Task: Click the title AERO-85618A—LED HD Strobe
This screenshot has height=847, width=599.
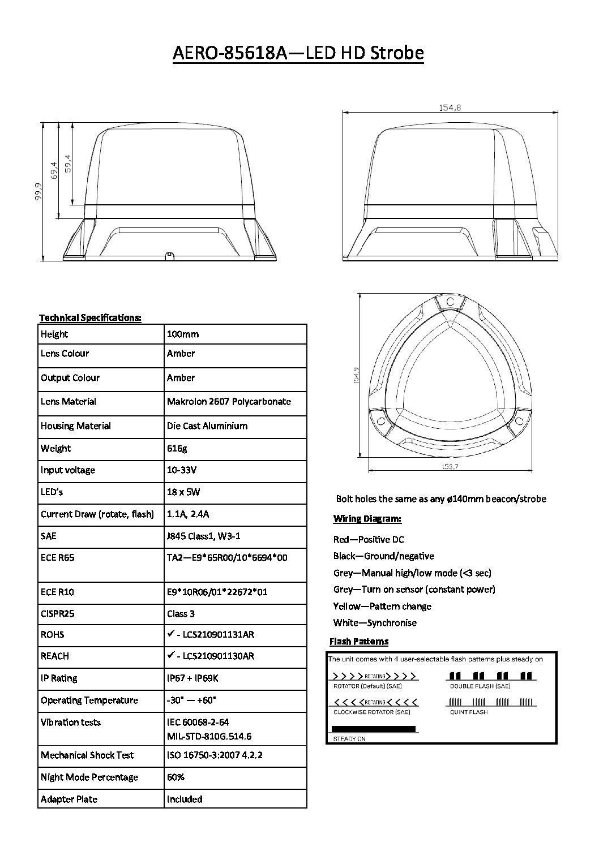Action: (298, 53)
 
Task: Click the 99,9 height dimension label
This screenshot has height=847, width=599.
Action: (38, 192)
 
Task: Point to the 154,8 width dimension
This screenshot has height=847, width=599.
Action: (450, 108)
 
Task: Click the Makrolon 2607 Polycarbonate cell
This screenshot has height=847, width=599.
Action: (229, 402)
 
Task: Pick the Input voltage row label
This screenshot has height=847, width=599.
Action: (68, 470)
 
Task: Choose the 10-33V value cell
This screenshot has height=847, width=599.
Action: (182, 470)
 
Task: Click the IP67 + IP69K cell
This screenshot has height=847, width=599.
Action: (192, 678)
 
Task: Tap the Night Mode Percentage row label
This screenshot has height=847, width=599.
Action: (89, 777)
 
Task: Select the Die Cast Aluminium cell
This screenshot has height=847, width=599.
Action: (207, 425)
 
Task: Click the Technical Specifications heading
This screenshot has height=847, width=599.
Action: (90, 317)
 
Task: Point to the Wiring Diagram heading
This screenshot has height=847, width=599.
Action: (367, 519)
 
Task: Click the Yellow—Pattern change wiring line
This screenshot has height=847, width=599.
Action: (382, 607)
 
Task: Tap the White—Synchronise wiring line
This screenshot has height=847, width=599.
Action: (375, 623)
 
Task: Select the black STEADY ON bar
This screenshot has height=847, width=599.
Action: (373, 729)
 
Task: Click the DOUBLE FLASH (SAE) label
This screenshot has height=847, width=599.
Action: (480, 686)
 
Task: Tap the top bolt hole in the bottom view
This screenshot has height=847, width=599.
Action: (450, 302)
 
